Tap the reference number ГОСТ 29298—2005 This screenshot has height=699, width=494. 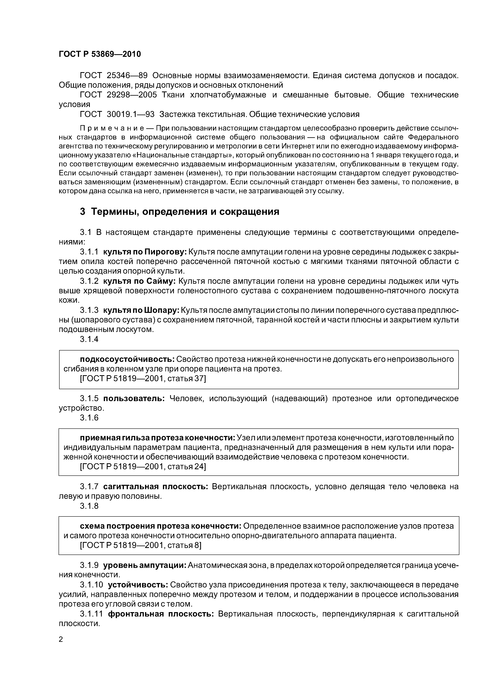coord(118,95)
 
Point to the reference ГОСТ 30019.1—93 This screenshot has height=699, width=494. coord(117,114)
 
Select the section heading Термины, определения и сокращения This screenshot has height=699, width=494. coord(185,211)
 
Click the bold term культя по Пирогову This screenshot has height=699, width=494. coord(145,252)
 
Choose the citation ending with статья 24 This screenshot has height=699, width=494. coord(143,466)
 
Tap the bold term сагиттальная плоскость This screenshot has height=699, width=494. coord(155,487)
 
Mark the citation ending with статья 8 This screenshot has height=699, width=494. coord(140,545)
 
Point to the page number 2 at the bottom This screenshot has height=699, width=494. coord(61,639)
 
